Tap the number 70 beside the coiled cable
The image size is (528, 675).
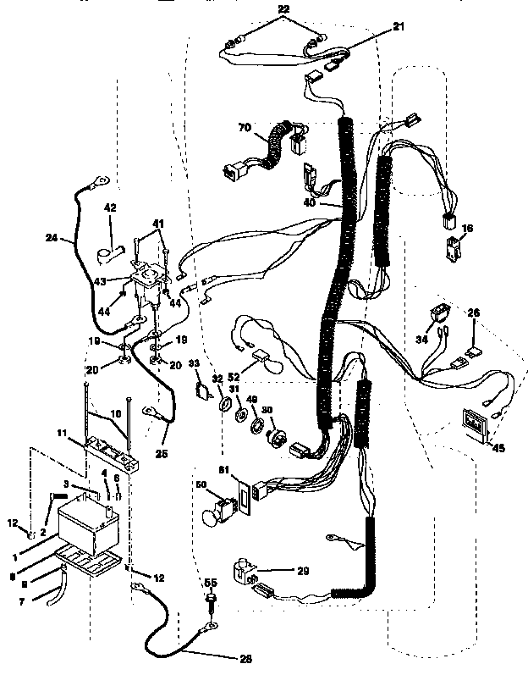245,128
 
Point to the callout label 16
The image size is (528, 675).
467,229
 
